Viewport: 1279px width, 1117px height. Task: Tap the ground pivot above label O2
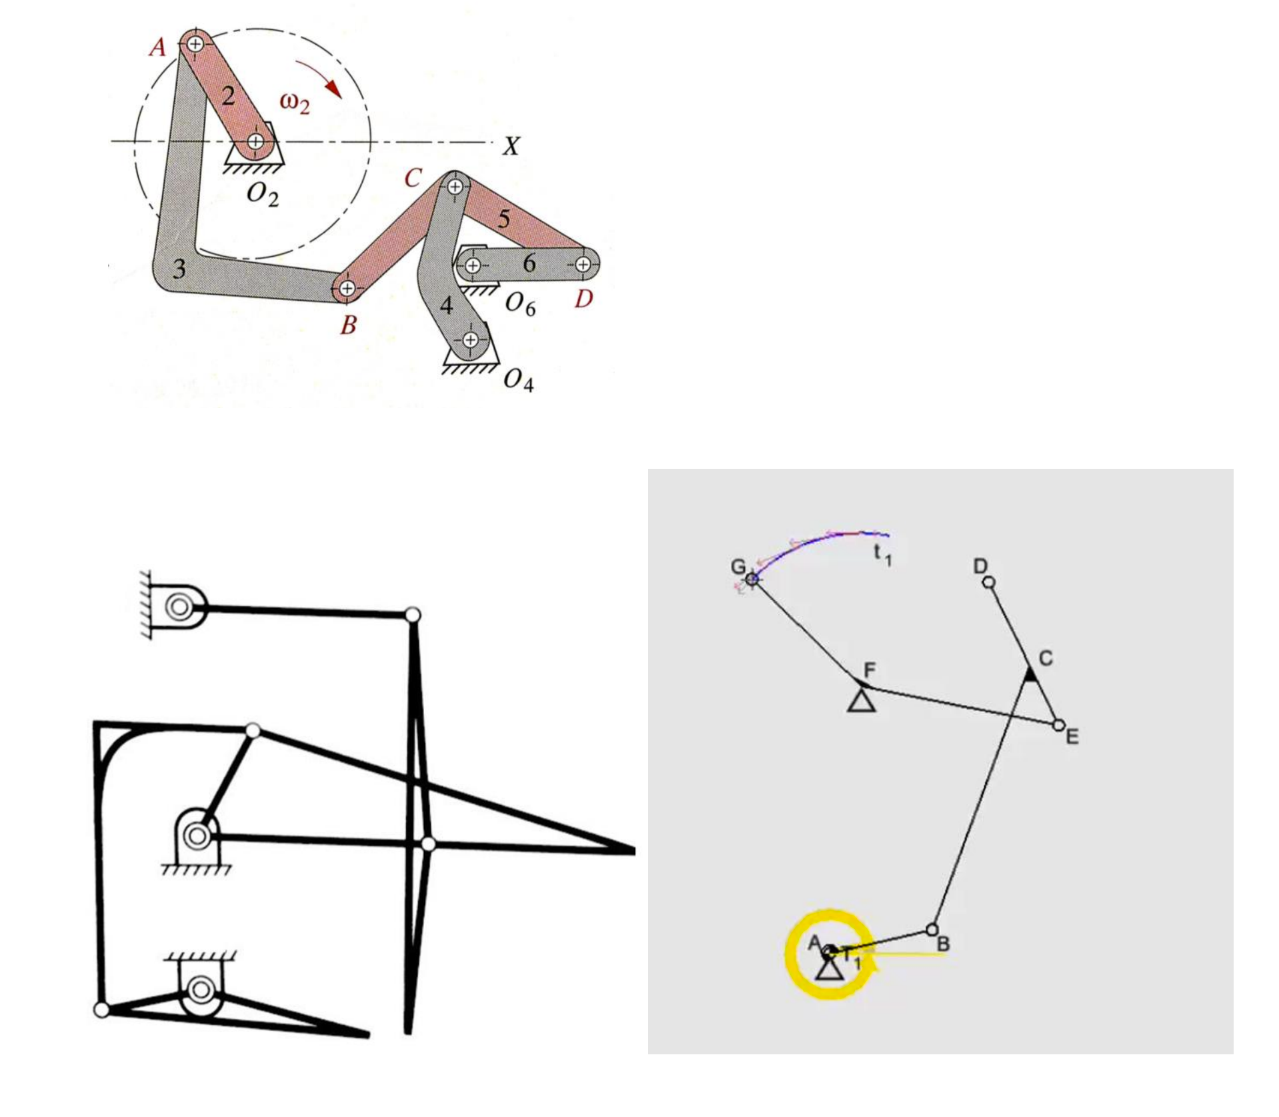[255, 141]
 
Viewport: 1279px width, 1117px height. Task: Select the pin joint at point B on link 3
[347, 288]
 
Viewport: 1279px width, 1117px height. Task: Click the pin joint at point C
[455, 187]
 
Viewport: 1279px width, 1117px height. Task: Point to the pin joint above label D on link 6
[583, 265]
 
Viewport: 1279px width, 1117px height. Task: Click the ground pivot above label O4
[471, 339]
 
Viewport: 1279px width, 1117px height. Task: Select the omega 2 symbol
[295, 103]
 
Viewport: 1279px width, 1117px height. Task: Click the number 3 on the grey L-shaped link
[179, 269]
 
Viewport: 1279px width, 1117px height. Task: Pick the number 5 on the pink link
[504, 218]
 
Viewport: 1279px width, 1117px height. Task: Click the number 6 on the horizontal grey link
[529, 263]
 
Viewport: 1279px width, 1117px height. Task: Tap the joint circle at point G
[752, 578]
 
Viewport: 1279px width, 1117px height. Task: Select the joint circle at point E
[1058, 724]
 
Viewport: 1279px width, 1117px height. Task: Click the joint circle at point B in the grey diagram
[932, 929]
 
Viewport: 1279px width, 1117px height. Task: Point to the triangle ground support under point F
[861, 700]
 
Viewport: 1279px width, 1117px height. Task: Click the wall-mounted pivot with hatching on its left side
[175, 606]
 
